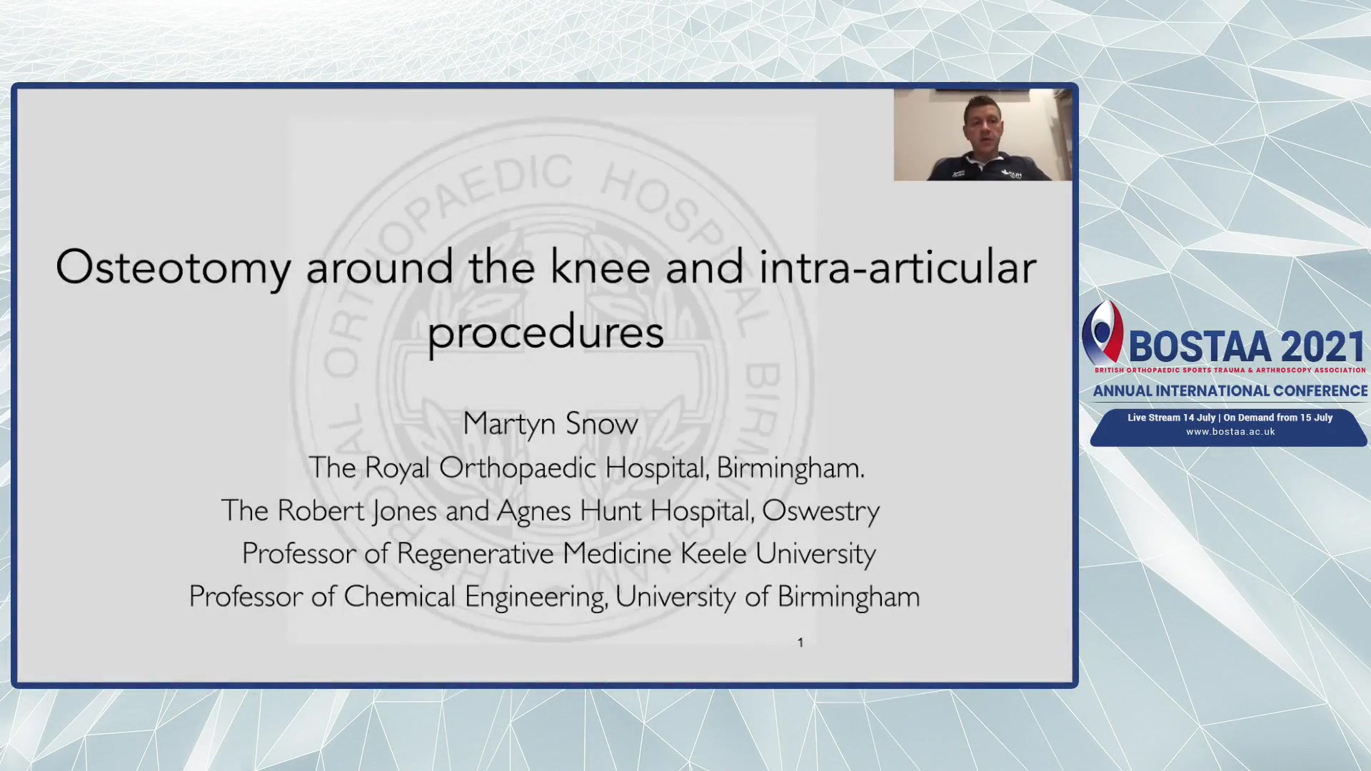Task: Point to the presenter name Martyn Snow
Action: [551, 425]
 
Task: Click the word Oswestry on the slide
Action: [821, 512]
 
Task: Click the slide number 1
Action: [800, 642]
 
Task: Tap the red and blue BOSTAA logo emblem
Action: [1103, 332]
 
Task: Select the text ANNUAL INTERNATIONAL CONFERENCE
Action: [1230, 391]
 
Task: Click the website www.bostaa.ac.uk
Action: [1230, 432]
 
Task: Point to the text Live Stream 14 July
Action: [1171, 418]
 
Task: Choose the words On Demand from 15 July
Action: [1278, 418]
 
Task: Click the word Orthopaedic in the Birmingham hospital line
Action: [518, 469]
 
